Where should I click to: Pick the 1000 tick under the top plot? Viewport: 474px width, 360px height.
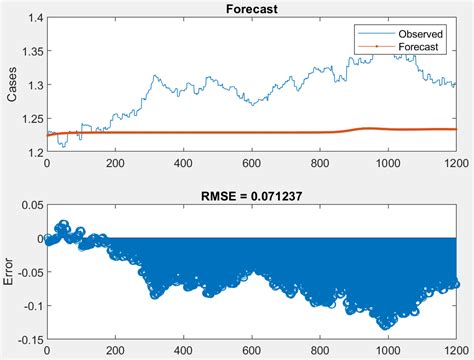[387, 162]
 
